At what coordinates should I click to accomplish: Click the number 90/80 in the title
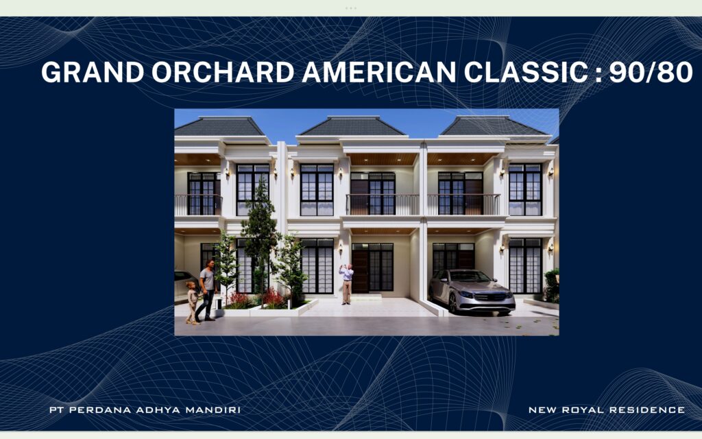651,72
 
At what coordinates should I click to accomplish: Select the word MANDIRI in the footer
213,410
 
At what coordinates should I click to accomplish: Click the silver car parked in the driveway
472,292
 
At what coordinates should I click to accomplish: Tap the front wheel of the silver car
453,303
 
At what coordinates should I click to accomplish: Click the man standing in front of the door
347,283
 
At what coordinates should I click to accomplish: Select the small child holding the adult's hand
193,302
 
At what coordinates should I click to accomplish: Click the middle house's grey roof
352,126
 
